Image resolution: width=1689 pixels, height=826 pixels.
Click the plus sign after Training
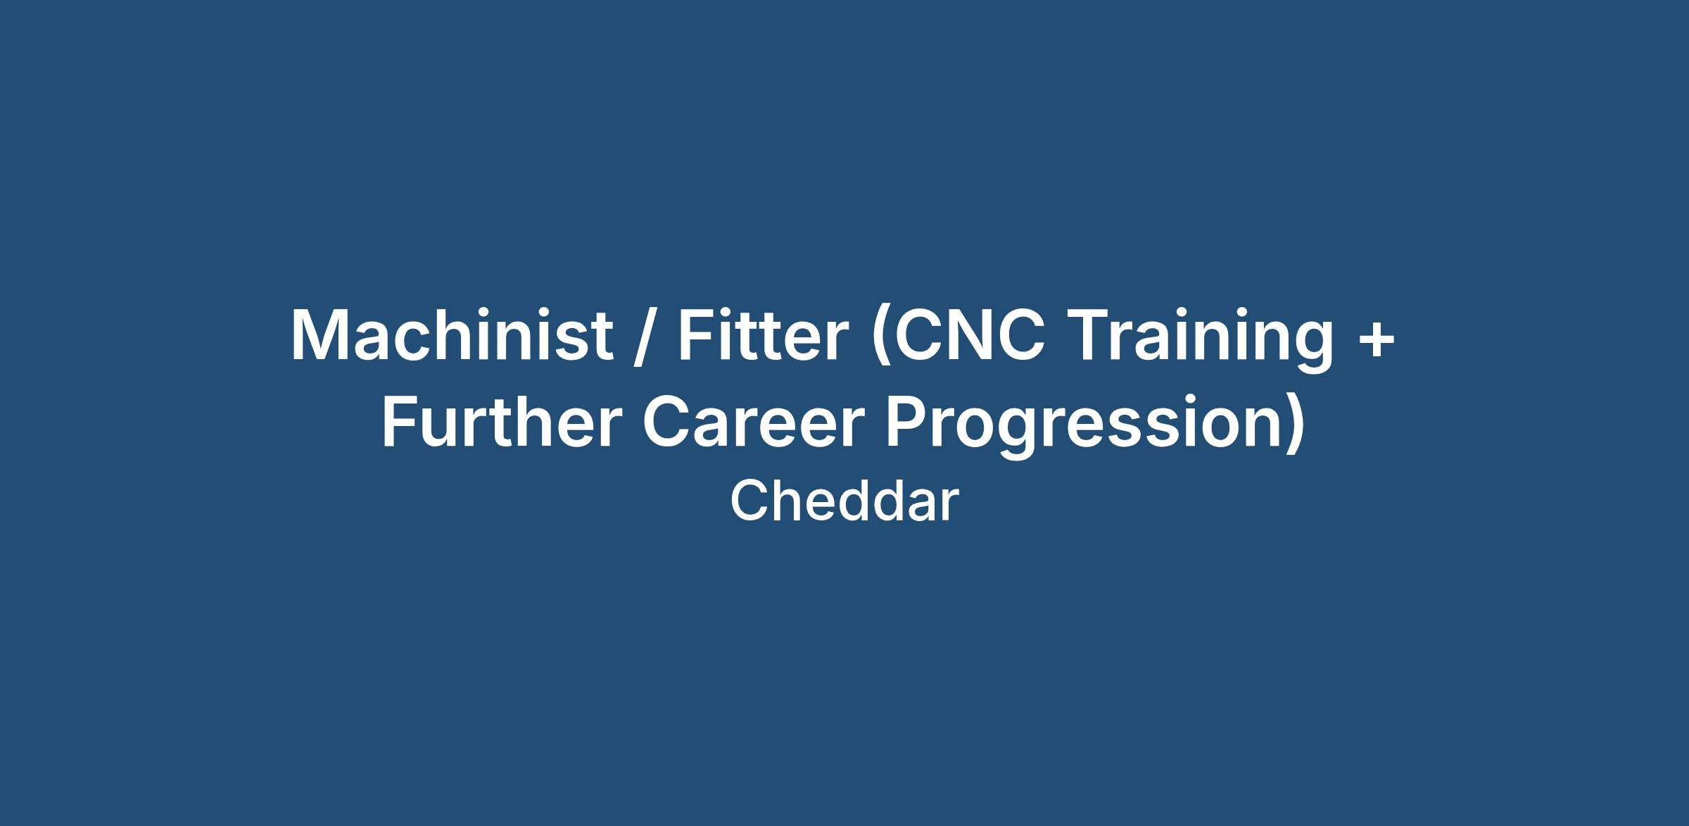pyautogui.click(x=1374, y=339)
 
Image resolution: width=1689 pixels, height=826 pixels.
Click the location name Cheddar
pyautogui.click(x=844, y=501)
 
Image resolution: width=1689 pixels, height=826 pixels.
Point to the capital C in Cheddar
pyautogui.click(x=748, y=501)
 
